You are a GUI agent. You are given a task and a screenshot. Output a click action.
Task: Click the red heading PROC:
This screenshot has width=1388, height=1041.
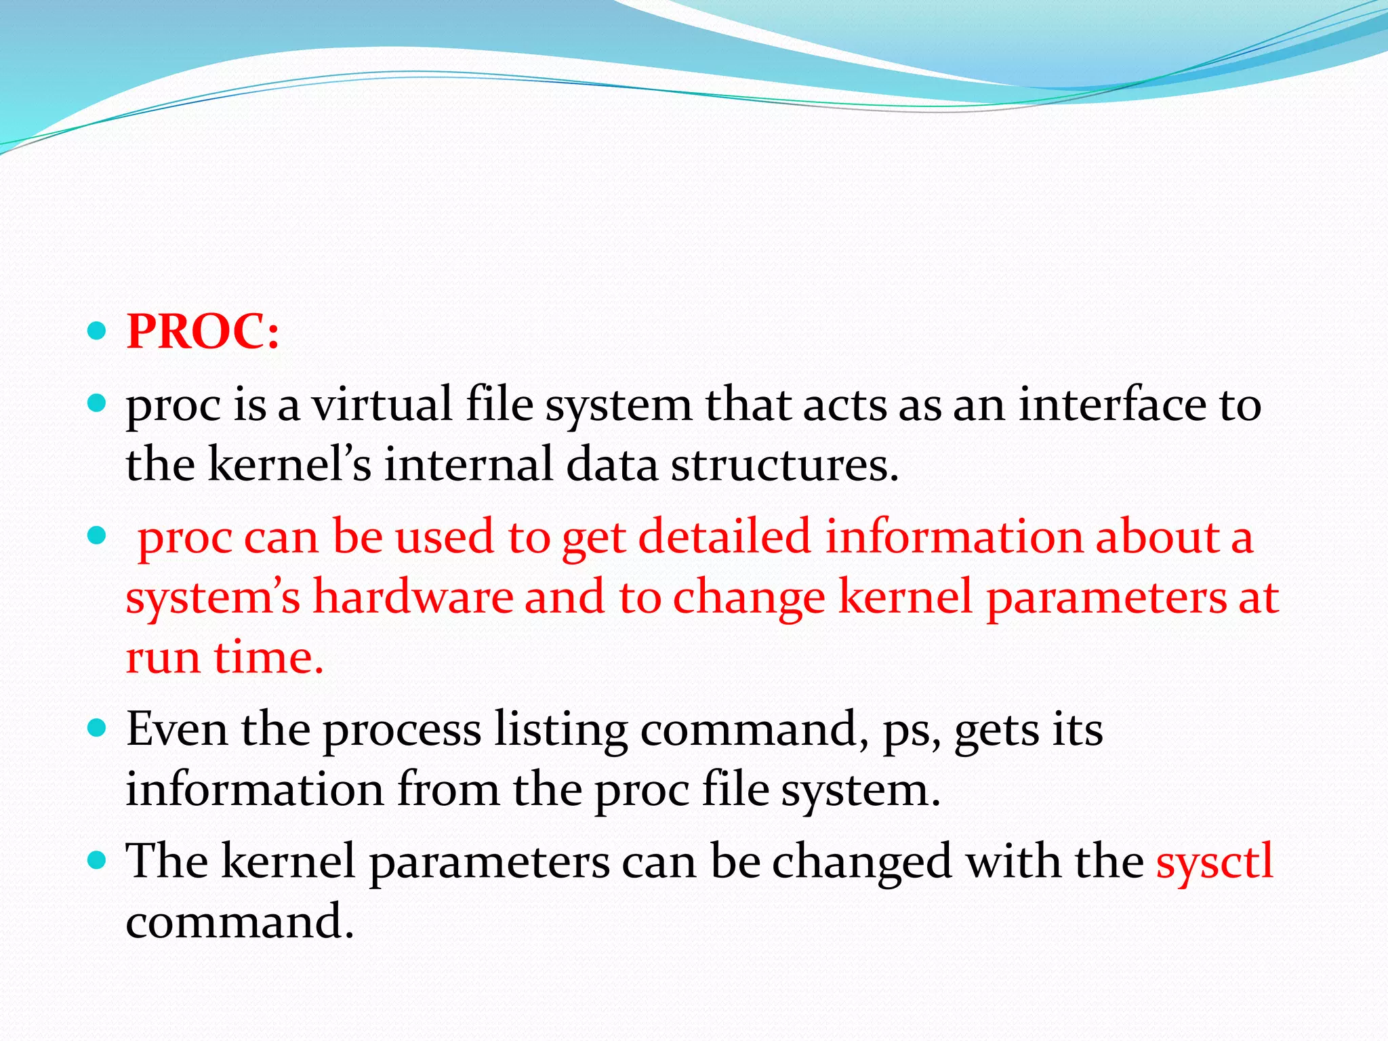(x=203, y=332)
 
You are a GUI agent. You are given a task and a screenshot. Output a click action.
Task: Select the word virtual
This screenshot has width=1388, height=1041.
(x=382, y=405)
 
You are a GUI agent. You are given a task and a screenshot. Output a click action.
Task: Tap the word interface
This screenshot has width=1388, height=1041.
(x=1112, y=405)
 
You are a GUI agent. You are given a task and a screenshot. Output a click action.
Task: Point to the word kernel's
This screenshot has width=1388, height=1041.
(x=289, y=465)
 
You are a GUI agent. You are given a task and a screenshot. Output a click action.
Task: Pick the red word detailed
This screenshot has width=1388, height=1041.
(x=724, y=537)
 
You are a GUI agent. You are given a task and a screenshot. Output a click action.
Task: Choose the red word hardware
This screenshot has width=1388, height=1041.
(x=412, y=598)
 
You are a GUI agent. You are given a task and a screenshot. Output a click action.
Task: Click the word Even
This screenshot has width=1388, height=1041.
(x=177, y=729)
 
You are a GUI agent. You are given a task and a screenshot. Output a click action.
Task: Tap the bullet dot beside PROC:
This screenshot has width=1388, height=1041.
(x=98, y=331)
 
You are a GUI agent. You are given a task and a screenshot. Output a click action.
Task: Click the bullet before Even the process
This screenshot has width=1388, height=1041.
(x=98, y=729)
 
